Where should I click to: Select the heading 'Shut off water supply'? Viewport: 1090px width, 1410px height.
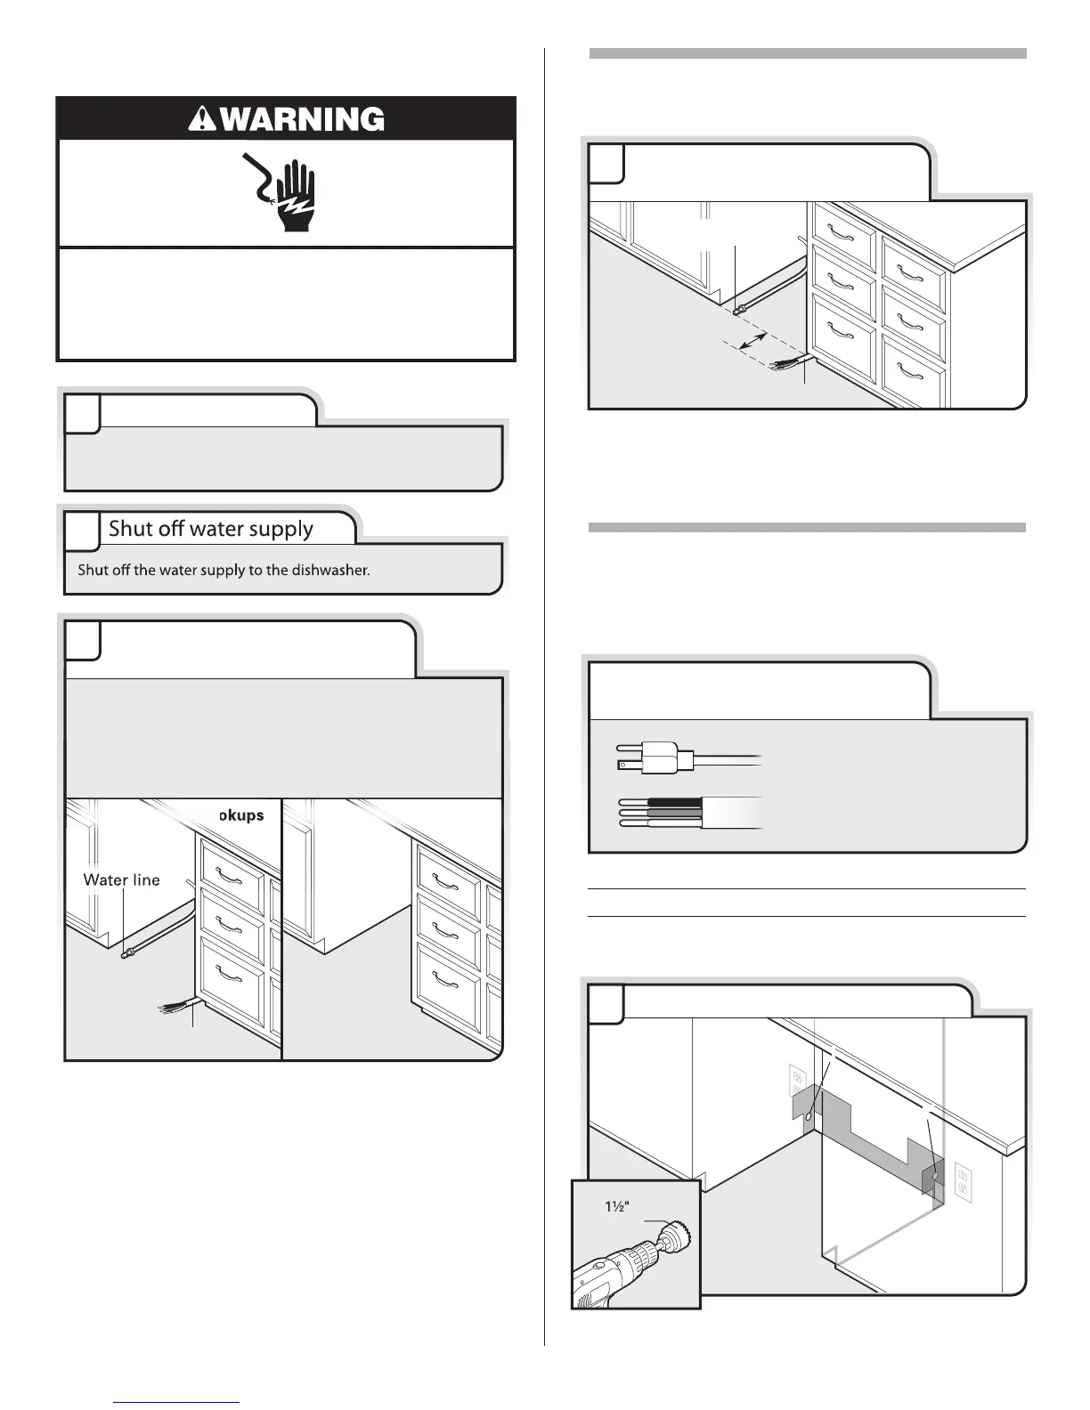211,529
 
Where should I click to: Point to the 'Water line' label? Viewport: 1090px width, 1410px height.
121,879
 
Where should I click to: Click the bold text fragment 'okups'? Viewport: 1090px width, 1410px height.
241,815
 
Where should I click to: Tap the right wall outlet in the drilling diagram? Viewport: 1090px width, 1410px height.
963,1182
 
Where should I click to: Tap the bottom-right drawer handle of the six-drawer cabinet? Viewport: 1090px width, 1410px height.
913,374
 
